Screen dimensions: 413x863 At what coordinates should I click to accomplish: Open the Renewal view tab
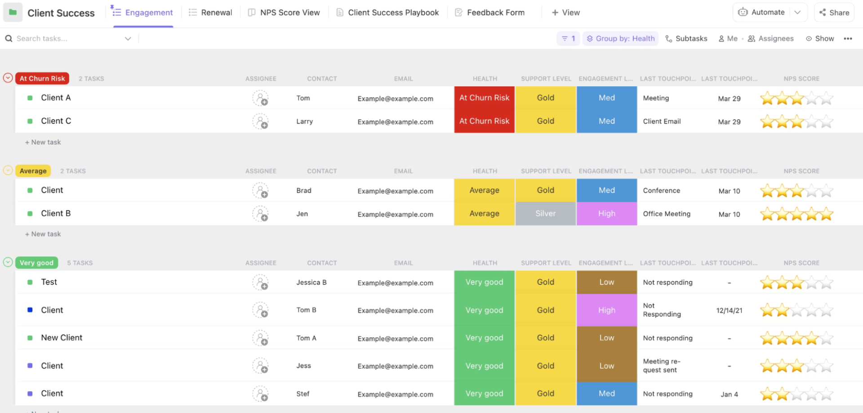tap(210, 13)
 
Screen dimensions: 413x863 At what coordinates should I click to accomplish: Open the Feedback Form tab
tap(490, 13)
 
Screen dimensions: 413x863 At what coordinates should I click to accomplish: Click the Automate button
tap(762, 13)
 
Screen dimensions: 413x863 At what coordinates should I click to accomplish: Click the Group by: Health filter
tap(621, 39)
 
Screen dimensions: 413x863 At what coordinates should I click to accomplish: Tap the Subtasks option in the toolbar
tap(686, 39)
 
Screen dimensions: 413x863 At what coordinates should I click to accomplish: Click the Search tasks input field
tap(67, 39)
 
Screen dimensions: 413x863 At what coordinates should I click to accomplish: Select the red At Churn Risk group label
tap(42, 79)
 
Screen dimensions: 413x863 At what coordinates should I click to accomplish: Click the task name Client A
tap(56, 98)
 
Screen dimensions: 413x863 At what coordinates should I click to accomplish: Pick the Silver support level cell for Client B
tap(545, 214)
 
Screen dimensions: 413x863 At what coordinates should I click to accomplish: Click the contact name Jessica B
tap(311, 283)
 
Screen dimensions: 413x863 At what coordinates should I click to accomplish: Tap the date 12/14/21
tap(729, 311)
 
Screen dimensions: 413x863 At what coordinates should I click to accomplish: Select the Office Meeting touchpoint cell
tap(667, 214)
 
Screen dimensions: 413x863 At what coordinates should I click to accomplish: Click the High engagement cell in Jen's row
tap(606, 214)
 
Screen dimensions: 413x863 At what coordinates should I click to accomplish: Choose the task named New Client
tap(62, 338)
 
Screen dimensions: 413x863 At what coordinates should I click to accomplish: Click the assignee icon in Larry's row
tap(260, 121)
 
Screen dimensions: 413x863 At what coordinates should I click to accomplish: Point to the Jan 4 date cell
tap(729, 394)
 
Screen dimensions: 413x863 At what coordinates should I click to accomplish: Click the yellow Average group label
tap(33, 171)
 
